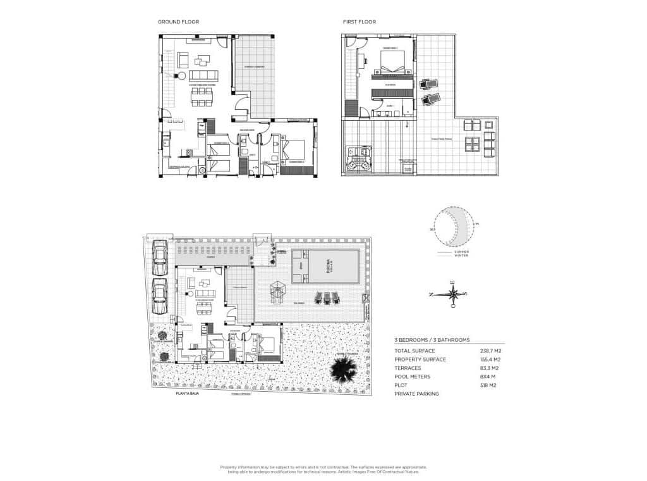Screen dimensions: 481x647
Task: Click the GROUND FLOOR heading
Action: pos(178,22)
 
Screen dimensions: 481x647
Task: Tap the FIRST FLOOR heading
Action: pos(359,22)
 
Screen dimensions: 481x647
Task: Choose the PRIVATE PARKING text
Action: pos(416,394)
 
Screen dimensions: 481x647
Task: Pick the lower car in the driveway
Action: pos(159,296)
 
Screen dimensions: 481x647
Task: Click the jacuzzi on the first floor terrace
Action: pos(358,159)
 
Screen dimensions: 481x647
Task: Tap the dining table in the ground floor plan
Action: pos(202,96)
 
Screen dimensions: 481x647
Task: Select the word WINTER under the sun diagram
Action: pos(462,255)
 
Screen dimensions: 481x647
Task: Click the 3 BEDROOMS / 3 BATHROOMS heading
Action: pos(432,340)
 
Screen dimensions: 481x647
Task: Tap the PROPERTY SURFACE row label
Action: pos(420,359)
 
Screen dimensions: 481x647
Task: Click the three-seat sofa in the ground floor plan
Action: pos(203,75)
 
